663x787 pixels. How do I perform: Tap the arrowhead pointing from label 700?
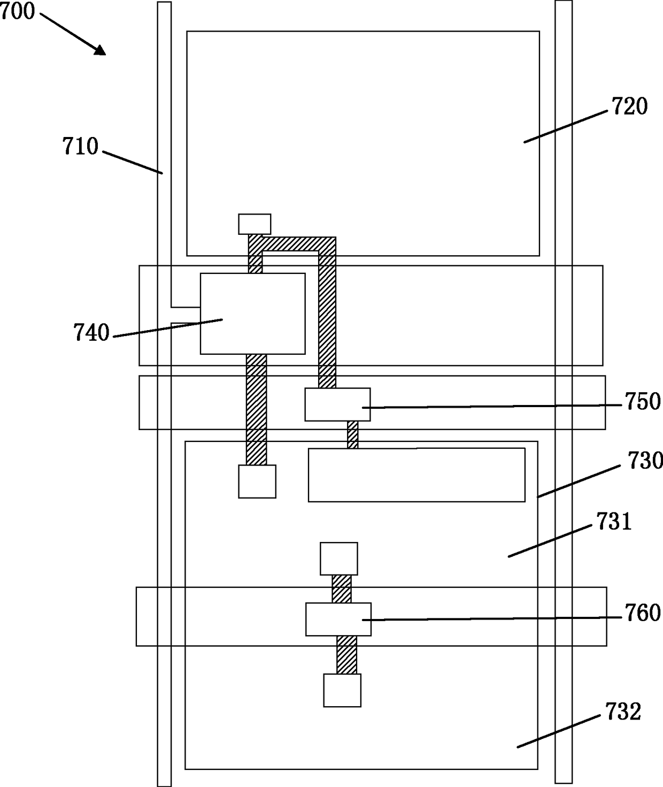(101, 50)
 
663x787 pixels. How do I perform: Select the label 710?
(80, 146)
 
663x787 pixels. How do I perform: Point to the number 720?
(629, 106)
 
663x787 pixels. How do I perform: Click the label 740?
(91, 333)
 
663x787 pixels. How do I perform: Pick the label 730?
(644, 461)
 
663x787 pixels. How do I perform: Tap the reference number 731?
(614, 522)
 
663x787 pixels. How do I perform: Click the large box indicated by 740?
(252, 314)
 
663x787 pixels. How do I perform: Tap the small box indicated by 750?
(337, 404)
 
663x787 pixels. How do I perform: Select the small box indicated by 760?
(338, 619)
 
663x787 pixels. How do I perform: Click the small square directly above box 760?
(338, 559)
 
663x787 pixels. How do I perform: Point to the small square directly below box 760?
(342, 690)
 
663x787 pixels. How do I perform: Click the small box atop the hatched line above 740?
(255, 224)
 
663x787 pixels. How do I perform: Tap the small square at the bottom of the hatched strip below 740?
(257, 482)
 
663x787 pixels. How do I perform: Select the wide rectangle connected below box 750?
(417, 475)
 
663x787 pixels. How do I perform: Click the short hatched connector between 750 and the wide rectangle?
(352, 434)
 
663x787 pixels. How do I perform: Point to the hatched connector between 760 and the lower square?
(346, 655)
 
